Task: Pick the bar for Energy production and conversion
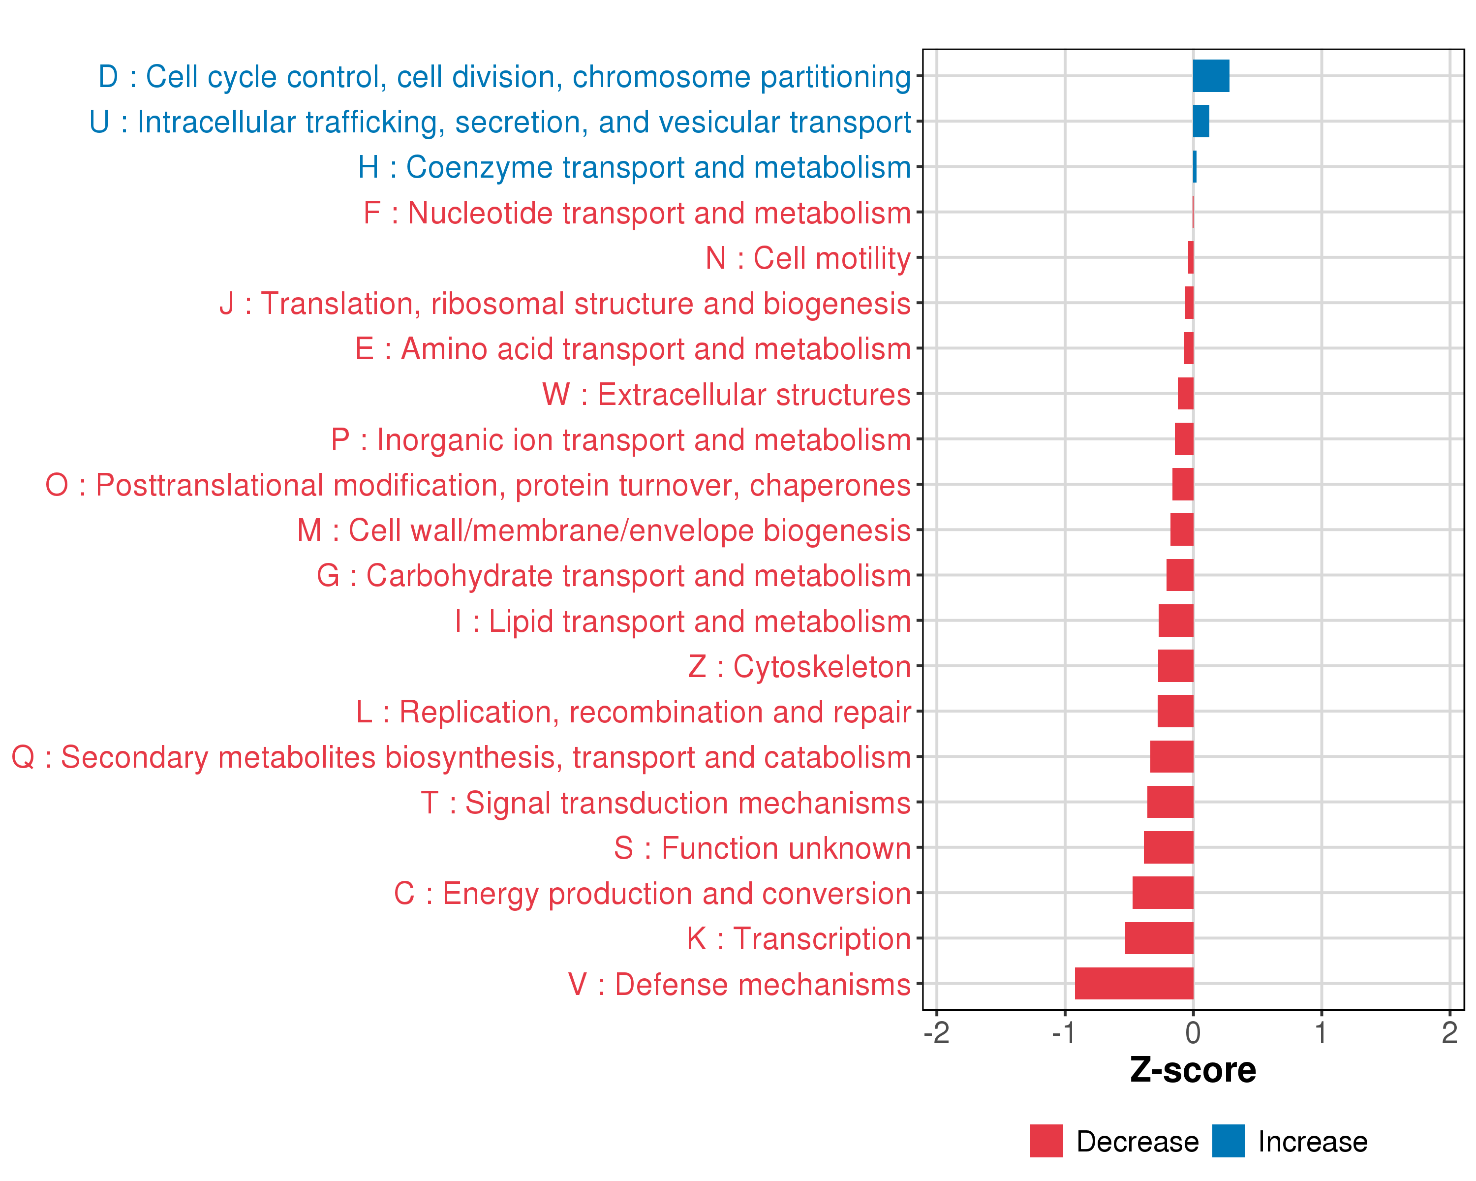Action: click(1163, 893)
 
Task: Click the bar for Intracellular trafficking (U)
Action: click(1201, 121)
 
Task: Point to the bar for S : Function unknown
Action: click(1168, 847)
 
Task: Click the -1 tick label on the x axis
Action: click(1064, 1033)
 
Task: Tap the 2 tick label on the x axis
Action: click(1449, 1033)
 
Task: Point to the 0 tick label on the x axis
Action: click(1193, 1033)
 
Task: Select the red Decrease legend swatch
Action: click(1046, 1141)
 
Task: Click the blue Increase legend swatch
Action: click(1228, 1141)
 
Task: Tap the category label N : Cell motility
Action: click(808, 258)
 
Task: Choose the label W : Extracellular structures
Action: click(726, 394)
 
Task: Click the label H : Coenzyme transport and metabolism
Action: click(634, 167)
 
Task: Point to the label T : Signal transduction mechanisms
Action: click(666, 803)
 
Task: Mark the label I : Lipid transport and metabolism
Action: click(682, 621)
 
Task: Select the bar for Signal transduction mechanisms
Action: click(1170, 802)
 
